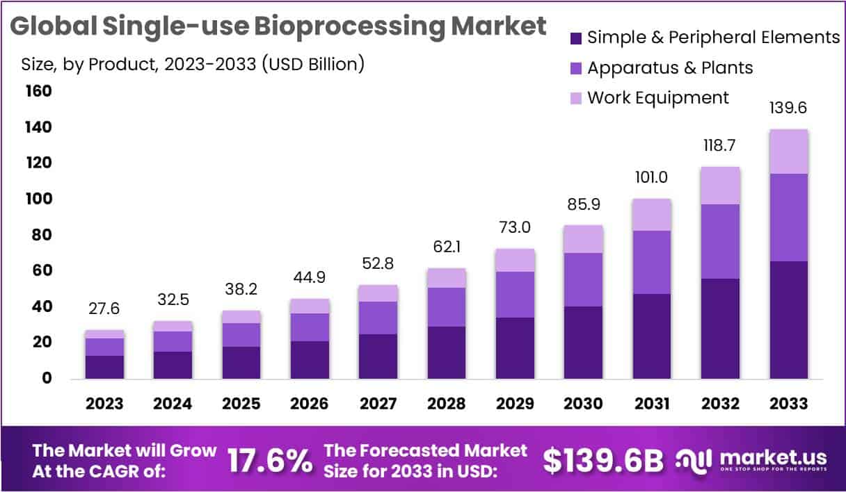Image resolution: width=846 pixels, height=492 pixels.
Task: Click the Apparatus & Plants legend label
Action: pos(670,67)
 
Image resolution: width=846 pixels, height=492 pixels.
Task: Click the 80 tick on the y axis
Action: pos(42,235)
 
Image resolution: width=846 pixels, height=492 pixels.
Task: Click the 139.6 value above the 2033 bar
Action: pos(788,109)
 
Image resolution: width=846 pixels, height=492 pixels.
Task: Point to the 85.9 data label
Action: pos(583,206)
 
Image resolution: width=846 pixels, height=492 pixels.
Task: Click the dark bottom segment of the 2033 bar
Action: pos(788,320)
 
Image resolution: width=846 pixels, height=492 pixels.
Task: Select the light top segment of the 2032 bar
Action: pos(720,186)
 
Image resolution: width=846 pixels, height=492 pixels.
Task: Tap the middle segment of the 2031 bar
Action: pos(651,262)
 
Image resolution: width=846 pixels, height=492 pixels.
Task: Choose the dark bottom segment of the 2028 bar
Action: pos(446,352)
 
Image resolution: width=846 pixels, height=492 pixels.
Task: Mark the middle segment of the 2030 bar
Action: pos(583,279)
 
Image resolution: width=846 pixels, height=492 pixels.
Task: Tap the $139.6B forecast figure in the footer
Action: pos(602,461)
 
